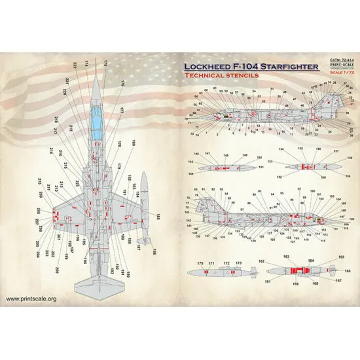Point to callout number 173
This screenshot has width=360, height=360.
coord(238,262)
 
